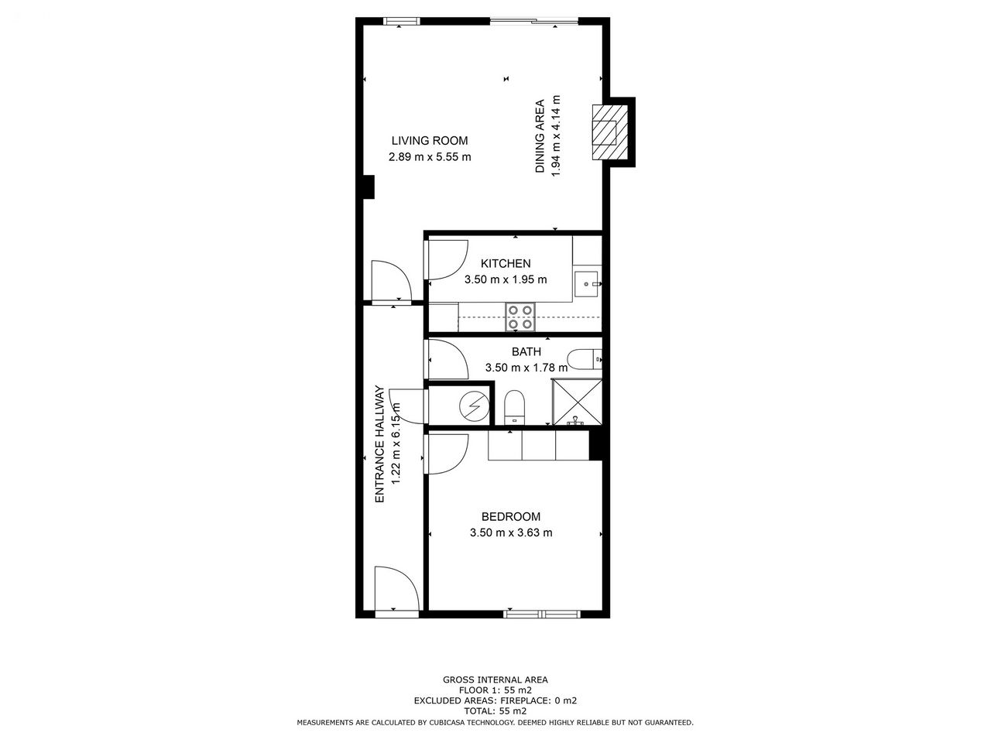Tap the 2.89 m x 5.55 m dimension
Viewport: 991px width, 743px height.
click(x=430, y=157)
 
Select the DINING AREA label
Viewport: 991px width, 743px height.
click(x=540, y=135)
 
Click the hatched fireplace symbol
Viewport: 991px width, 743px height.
click(x=610, y=132)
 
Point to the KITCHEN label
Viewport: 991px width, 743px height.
click(x=506, y=263)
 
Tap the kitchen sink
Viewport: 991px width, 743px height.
click(x=587, y=284)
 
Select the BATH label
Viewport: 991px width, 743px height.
click(x=526, y=351)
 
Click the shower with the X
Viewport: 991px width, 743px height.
click(x=578, y=402)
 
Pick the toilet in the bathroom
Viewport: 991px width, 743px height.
click(x=515, y=407)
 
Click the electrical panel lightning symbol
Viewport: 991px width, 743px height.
click(x=474, y=406)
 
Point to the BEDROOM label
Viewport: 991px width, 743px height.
click(x=511, y=516)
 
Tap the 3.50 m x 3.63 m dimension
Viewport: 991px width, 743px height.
click(x=511, y=532)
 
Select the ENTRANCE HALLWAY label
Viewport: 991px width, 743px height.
click(x=379, y=444)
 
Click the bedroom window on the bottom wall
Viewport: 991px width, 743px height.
click(x=542, y=614)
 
